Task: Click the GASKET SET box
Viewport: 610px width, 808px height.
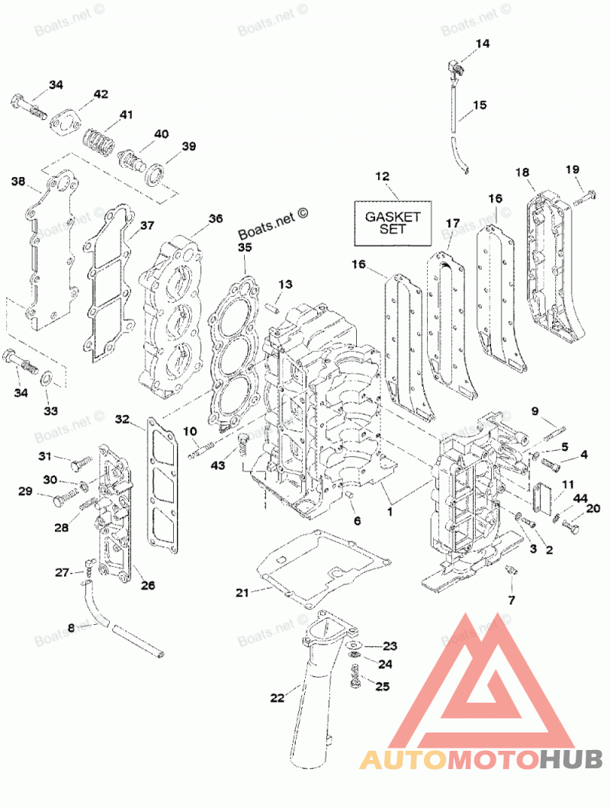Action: pos(392,223)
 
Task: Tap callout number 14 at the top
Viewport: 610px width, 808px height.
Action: pos(483,43)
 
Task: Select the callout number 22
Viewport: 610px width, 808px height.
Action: pos(277,698)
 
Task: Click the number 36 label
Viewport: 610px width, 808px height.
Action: pos(216,218)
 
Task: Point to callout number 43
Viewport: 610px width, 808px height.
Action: pos(218,465)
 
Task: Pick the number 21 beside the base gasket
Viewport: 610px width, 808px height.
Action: pos(242,593)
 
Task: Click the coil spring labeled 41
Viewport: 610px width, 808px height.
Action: pos(98,140)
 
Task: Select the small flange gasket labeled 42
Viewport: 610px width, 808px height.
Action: pos(63,123)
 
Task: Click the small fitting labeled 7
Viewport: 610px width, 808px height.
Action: pos(511,571)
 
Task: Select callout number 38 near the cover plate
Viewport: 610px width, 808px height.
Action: pos(18,182)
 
